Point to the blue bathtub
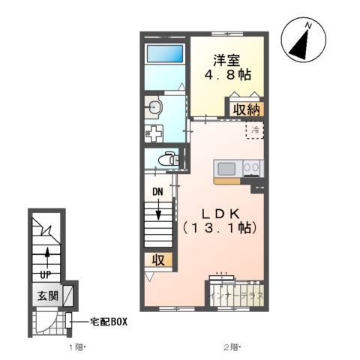coord(165,54)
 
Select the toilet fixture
coord(169,159)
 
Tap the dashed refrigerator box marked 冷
coord(255,130)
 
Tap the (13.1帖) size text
coord(217,227)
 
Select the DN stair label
coord(158,192)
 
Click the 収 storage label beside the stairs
coord(160,260)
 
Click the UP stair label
coord(46,275)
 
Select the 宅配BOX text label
coord(109,321)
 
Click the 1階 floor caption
coord(78,347)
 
